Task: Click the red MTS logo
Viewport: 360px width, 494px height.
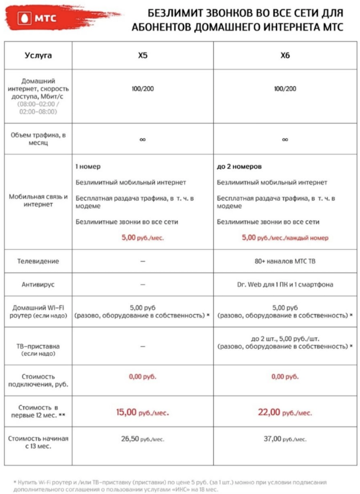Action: coord(39,20)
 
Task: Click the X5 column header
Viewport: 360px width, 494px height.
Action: coord(143,55)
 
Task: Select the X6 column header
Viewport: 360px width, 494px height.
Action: coord(285,55)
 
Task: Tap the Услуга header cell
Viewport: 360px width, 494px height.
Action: coord(38,55)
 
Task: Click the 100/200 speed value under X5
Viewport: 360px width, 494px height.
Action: coord(143,89)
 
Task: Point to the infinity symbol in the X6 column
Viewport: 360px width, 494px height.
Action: coord(285,139)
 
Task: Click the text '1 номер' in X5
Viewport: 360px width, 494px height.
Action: coord(88,167)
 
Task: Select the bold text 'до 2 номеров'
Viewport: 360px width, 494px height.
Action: coord(239,167)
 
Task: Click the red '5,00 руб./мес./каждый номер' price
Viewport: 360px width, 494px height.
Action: coord(285,237)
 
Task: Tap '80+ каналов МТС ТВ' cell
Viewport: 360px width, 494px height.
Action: coord(285,261)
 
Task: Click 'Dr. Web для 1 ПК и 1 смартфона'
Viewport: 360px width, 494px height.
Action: coord(285,285)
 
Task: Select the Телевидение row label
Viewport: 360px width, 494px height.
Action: coord(38,261)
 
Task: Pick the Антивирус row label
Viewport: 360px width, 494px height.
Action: coord(38,285)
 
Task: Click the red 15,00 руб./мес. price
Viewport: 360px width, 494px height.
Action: coord(143,412)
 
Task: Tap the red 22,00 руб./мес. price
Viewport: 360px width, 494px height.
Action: coord(285,412)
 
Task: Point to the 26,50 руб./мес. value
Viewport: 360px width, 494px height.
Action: coord(143,439)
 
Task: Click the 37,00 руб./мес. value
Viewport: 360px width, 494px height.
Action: coord(285,439)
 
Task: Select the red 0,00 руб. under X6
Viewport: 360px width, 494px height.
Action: coord(285,377)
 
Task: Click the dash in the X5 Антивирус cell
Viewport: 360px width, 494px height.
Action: coord(143,285)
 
